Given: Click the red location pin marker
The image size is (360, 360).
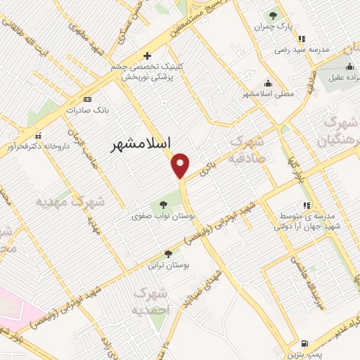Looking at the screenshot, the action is pos(181,165).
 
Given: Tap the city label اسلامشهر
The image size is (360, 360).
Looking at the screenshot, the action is pos(141,144).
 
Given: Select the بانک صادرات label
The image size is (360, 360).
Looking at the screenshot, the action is pos(86,110).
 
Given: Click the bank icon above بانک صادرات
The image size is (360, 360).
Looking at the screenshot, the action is pos(87,99).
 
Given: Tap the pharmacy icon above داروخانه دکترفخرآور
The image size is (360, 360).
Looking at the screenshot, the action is pos(38,136).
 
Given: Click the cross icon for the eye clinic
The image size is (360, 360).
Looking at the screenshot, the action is pos(147,56).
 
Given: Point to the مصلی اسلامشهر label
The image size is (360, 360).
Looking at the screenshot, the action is pos(268,94).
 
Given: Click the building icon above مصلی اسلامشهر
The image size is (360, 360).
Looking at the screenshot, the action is pos(268,82).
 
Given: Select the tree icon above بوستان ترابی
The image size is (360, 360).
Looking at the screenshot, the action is pos(167,254).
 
